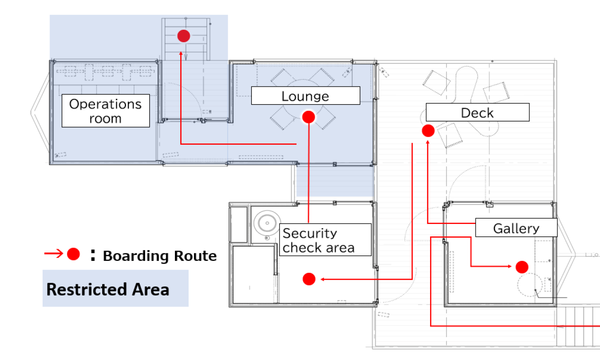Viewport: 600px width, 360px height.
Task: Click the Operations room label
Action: click(x=105, y=110)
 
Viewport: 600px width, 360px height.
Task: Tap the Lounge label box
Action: click(x=306, y=96)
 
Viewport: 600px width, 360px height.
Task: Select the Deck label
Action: click(x=477, y=112)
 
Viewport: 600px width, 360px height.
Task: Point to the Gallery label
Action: click(x=516, y=228)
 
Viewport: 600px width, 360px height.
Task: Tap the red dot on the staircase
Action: click(x=184, y=36)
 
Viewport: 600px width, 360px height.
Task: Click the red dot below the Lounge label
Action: click(x=308, y=117)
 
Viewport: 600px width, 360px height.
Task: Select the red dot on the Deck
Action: click(x=428, y=131)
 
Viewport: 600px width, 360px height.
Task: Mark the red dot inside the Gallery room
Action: click(x=522, y=267)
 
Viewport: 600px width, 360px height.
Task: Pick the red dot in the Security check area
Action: click(x=309, y=279)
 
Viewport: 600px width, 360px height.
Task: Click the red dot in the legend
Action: click(x=74, y=254)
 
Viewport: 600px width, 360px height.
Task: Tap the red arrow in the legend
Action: click(x=54, y=253)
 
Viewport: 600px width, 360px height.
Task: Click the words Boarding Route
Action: click(x=160, y=256)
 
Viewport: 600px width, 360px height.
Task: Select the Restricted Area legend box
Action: click(x=115, y=288)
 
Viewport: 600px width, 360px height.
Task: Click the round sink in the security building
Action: click(x=267, y=223)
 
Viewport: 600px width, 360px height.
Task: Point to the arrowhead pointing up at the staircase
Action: click(x=181, y=53)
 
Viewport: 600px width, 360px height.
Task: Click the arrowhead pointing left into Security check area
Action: click(x=323, y=279)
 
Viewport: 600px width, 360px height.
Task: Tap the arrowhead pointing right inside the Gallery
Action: click(x=509, y=266)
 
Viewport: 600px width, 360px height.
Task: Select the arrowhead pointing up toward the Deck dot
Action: click(x=428, y=143)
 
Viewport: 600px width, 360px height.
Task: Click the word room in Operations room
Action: click(x=105, y=119)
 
